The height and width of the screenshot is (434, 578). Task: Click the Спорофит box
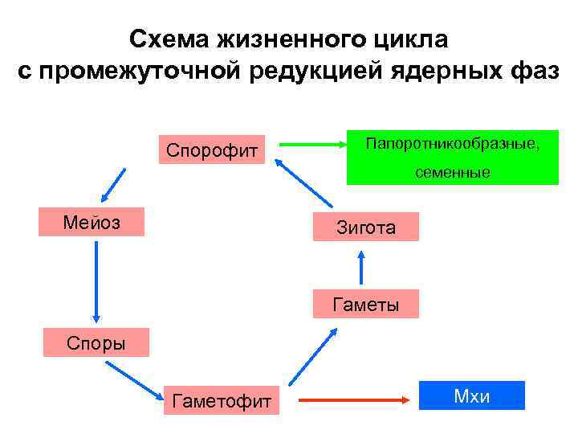tap(212, 149)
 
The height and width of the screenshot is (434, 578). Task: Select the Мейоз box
tap(92, 222)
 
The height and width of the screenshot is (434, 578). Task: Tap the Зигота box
tap(365, 227)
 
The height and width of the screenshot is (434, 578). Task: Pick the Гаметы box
tap(365, 305)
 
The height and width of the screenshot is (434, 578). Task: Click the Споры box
tap(96, 343)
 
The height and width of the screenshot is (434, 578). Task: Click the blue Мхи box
tap(472, 395)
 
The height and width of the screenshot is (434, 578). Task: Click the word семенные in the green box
tap(453, 172)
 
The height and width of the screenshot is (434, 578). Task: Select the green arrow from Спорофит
tap(308, 145)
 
